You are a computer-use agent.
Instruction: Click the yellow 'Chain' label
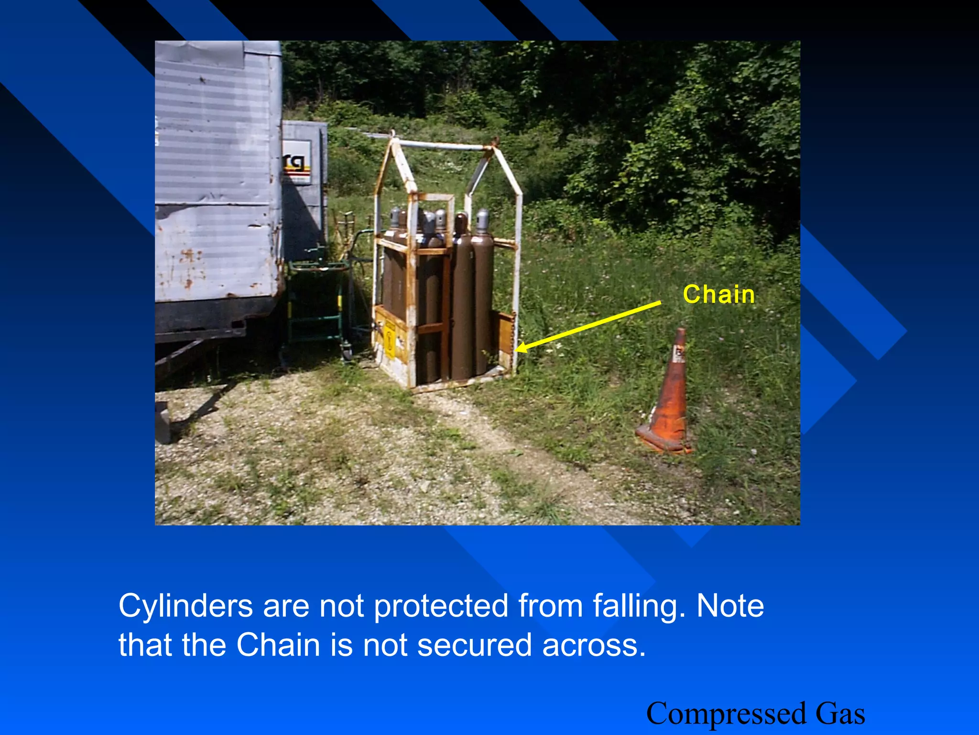pos(718,294)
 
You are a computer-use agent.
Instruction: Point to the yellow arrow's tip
pos(519,350)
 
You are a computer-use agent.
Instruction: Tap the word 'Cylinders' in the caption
pos(185,606)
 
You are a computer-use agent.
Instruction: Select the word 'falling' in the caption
pos(636,606)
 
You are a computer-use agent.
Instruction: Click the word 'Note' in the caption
pos(730,606)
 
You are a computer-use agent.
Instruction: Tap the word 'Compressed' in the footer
pos(726,713)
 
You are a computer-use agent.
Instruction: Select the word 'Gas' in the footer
pos(840,713)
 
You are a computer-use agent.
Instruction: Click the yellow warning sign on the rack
pos(390,340)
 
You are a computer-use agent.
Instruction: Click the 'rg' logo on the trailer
pos(295,163)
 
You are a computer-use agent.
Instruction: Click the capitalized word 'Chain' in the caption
pos(278,645)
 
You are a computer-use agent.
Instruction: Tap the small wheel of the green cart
pos(347,354)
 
